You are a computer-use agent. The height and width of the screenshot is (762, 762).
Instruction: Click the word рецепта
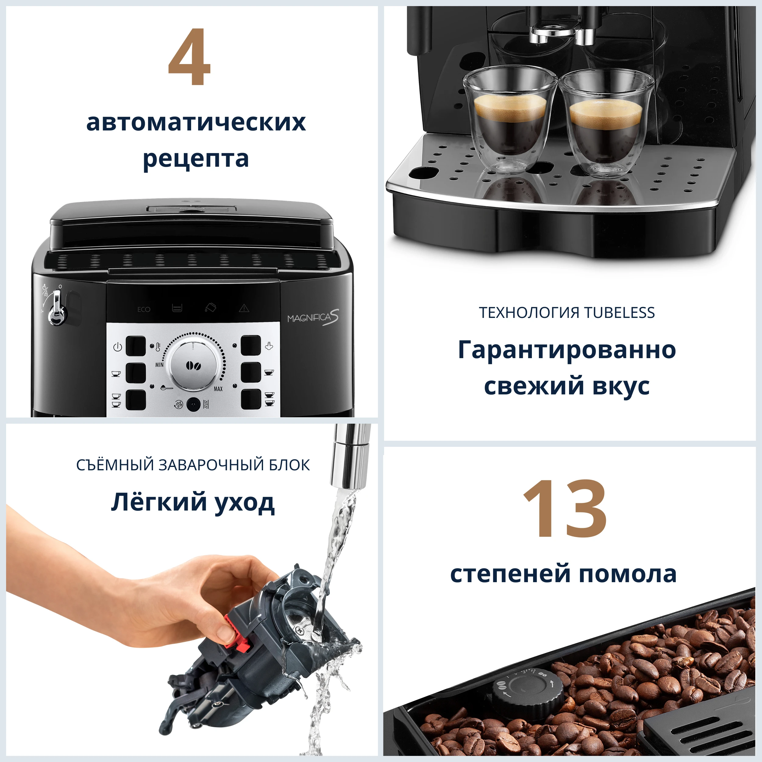point(196,159)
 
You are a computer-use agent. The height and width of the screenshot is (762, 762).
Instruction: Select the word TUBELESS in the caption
point(619,313)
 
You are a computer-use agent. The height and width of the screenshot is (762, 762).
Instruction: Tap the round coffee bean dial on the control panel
point(193,365)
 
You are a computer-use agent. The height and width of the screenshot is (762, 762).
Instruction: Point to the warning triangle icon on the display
point(244,308)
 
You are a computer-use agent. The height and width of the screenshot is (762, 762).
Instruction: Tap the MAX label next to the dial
point(218,389)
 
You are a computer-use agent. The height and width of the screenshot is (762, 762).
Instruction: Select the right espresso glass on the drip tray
point(605,122)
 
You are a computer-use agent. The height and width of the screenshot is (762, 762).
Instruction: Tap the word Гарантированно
point(567,350)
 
